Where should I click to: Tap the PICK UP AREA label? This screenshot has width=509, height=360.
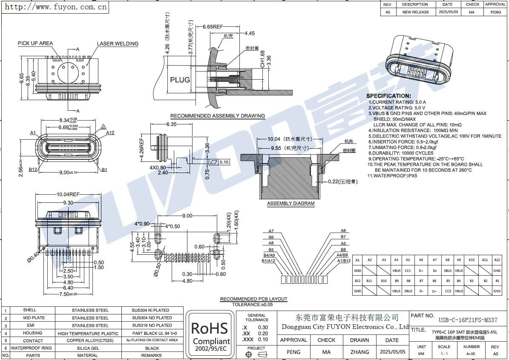pos(35,43)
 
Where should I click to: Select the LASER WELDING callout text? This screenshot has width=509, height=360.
pos(118,43)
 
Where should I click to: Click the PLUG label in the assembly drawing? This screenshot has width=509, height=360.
pos(180,80)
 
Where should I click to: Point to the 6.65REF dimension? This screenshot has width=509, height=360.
pos(213,26)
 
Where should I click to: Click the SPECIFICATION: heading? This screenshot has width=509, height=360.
pos(388,96)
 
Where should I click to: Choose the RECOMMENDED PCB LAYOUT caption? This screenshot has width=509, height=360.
pos(253,299)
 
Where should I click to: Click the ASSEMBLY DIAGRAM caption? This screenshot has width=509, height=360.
pos(291,204)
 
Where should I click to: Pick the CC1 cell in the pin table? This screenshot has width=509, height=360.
pos(408,271)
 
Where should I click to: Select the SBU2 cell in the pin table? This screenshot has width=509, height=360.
pos(408,291)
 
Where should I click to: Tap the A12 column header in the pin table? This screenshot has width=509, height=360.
pos(497,260)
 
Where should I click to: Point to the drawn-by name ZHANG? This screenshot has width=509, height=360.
pos(359,352)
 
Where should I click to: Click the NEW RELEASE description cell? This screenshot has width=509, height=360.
pos(416,12)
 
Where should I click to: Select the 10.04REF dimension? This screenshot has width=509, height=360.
pos(68,195)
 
